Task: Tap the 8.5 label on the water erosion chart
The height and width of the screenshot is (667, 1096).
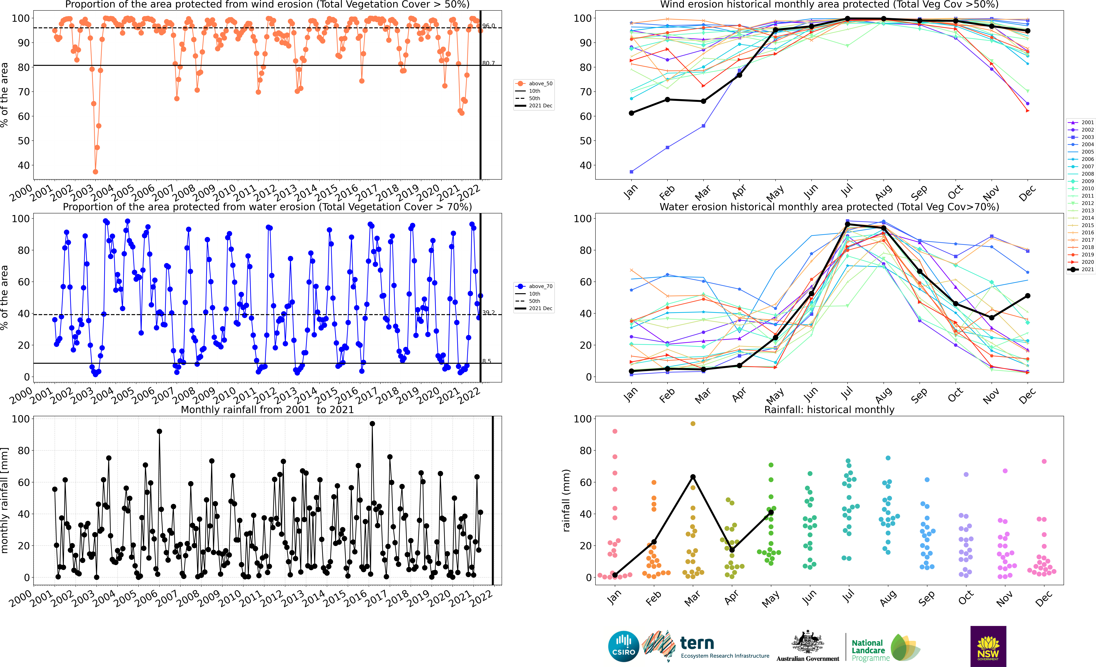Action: click(x=487, y=361)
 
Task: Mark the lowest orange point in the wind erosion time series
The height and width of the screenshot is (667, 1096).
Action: click(x=95, y=172)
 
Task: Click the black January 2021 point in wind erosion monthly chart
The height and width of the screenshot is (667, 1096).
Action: click(x=631, y=113)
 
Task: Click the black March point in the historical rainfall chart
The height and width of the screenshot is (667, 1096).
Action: click(x=693, y=477)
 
